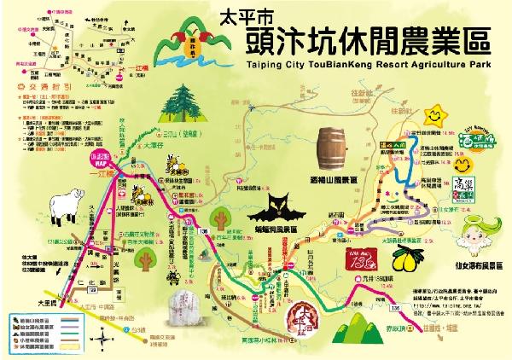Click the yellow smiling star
(x=438, y=113)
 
